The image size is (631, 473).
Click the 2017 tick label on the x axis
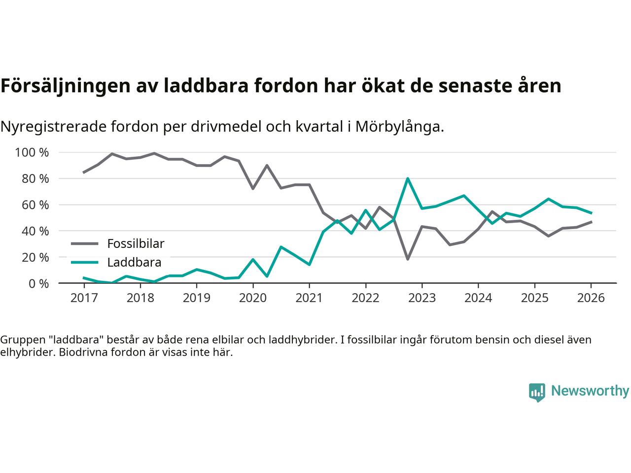pyautogui.click(x=84, y=299)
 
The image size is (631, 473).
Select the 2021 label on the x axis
pyautogui.click(x=309, y=299)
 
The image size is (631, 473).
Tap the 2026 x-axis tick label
pyautogui.click(x=591, y=299)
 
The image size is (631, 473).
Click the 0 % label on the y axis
pyautogui.click(x=38, y=284)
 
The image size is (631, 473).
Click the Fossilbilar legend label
pyautogui.click(x=136, y=243)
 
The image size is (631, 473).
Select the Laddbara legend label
pyautogui.click(x=134, y=263)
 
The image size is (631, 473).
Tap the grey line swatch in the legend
pyautogui.click(x=85, y=243)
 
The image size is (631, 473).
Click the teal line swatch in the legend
pyautogui.click(x=85, y=263)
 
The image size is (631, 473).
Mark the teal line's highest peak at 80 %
pyautogui.click(x=408, y=178)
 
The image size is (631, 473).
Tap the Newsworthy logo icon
pyautogui.click(x=537, y=392)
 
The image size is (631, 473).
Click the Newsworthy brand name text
pyautogui.click(x=590, y=391)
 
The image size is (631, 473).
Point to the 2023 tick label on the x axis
pyautogui.click(x=421, y=299)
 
